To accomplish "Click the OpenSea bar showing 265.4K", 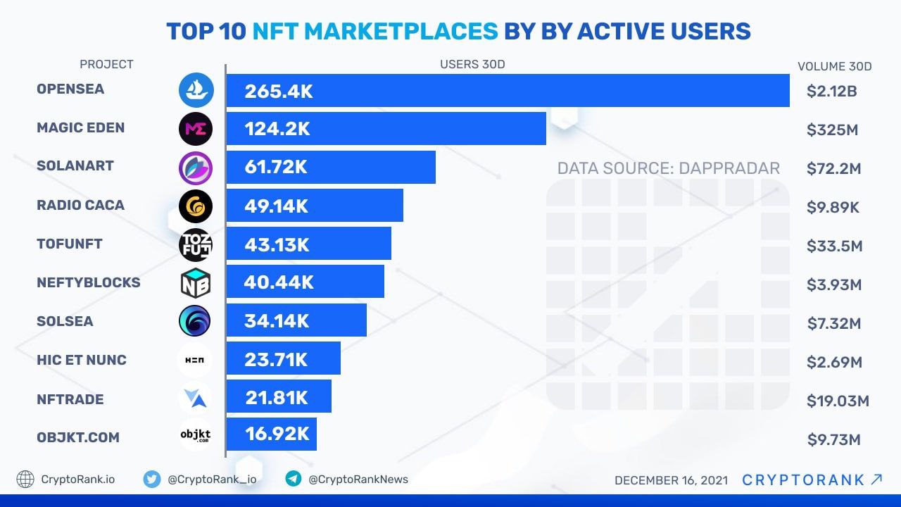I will (507, 91).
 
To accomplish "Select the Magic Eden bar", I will (386, 129).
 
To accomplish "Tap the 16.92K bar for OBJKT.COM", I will (272, 434).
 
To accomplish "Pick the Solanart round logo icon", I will (195, 168).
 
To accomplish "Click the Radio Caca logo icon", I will (195, 206).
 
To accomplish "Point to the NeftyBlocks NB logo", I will (195, 283).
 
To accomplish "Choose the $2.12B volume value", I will (831, 91).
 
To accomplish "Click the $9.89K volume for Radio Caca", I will (833, 208).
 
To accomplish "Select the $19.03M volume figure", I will (838, 401).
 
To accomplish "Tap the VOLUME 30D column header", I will (834, 67).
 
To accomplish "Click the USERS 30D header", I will (472, 65).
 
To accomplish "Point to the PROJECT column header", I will (106, 64).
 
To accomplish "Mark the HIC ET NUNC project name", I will (82, 360).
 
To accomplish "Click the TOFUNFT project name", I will (70, 244).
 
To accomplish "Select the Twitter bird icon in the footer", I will (151, 480).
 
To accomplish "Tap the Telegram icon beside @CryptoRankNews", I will (294, 480).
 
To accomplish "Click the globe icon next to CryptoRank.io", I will (25, 480).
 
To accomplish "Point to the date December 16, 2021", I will (671, 480).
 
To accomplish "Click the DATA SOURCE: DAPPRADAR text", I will (668, 168).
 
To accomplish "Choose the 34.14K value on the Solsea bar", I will (277, 321).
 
